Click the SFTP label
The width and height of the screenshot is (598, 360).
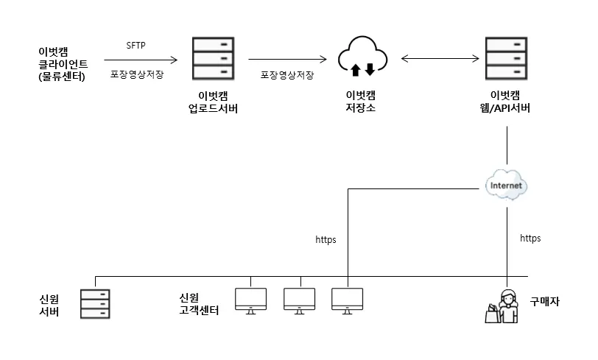click(x=136, y=45)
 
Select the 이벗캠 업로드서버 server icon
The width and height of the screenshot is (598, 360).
click(x=213, y=58)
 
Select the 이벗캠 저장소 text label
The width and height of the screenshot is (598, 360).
click(x=362, y=102)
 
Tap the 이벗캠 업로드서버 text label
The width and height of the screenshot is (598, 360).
click(x=213, y=102)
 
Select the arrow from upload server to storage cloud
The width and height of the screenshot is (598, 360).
click(x=288, y=58)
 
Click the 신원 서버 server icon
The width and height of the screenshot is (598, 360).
click(x=96, y=302)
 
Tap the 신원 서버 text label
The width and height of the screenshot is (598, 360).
click(x=49, y=306)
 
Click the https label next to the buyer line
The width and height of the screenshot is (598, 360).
click(x=530, y=239)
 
